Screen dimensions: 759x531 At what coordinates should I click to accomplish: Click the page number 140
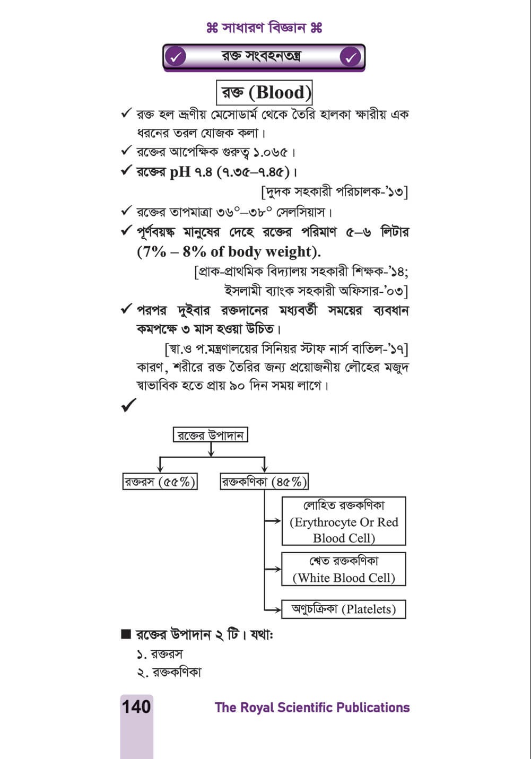(136, 707)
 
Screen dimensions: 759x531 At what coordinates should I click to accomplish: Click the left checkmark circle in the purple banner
(175, 57)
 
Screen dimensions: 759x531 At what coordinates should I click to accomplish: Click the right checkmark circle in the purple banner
(351, 57)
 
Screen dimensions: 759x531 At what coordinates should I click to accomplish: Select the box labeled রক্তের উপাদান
(211, 435)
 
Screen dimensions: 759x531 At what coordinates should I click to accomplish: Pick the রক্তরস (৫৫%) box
(160, 482)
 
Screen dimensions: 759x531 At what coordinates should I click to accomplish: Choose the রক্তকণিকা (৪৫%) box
(264, 482)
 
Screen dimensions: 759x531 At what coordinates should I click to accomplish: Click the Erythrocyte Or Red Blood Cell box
(344, 521)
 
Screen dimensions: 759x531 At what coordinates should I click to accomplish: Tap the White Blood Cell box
(344, 569)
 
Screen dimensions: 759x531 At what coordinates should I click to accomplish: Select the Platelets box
(344, 609)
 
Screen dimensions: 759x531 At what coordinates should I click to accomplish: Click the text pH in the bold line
(180, 172)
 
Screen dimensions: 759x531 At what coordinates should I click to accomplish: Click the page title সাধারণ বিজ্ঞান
(264, 27)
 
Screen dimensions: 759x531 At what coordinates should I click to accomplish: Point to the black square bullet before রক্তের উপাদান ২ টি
(126, 635)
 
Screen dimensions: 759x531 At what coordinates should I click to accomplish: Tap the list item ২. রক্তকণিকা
(169, 673)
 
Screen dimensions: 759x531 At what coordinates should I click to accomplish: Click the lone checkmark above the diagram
(128, 406)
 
